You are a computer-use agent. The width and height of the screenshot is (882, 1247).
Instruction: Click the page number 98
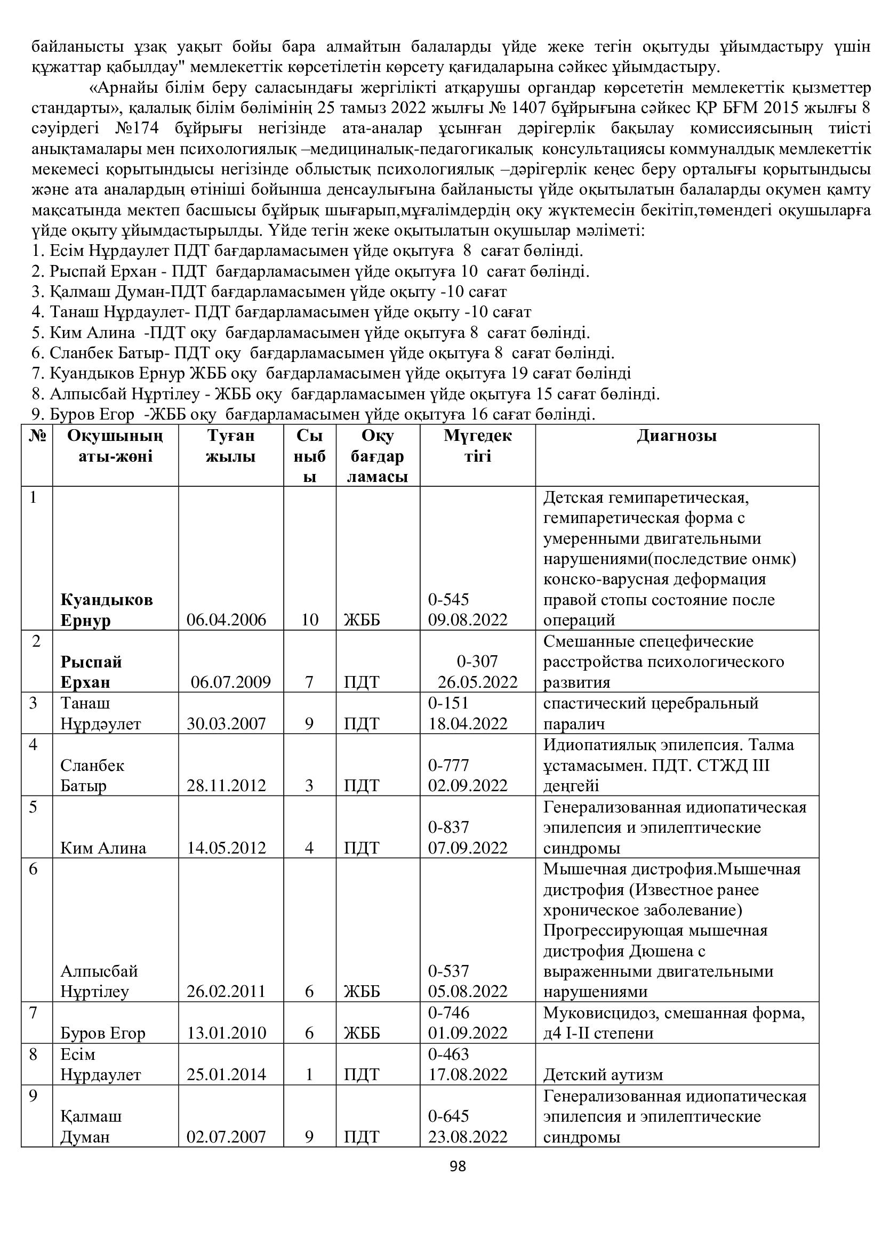pyautogui.click(x=458, y=1166)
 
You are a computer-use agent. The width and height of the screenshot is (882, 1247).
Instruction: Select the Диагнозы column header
pyautogui.click(x=677, y=436)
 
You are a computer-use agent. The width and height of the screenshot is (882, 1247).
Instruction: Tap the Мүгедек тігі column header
pyautogui.click(x=477, y=446)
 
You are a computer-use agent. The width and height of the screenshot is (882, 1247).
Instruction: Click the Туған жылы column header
pyautogui.click(x=231, y=446)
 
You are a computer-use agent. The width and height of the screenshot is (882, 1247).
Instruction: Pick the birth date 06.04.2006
pyautogui.click(x=227, y=620)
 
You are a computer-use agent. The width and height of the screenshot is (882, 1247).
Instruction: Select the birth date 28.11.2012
pyautogui.click(x=227, y=785)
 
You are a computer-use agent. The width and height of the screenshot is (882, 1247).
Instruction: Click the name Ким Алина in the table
pyautogui.click(x=103, y=848)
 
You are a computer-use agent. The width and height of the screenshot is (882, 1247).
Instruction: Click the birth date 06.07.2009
pyautogui.click(x=231, y=682)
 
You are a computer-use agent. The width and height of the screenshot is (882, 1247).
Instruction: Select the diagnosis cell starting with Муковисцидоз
pyautogui.click(x=673, y=1023)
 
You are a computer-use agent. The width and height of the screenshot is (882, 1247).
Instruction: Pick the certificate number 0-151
pyautogui.click(x=448, y=703)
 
